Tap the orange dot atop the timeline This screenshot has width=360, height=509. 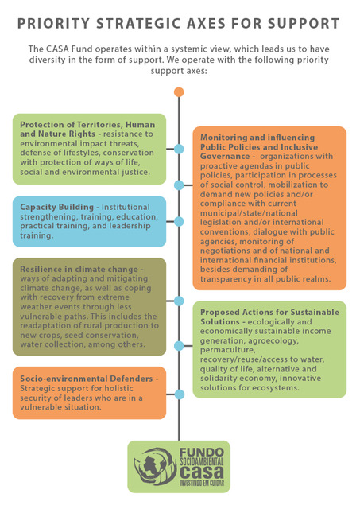[179, 92]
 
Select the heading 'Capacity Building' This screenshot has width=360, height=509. [56, 207]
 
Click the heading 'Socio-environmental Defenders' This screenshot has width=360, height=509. [87, 379]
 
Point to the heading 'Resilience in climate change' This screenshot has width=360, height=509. [79, 269]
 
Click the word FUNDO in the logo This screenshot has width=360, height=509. [201, 453]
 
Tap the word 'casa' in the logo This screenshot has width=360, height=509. [201, 472]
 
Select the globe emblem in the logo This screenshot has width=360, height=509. [155, 466]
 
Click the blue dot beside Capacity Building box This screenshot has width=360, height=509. [179, 222]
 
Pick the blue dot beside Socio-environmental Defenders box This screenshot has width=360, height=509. [179, 394]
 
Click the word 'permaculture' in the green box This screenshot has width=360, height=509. [227, 350]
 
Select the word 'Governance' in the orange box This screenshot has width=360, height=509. [225, 156]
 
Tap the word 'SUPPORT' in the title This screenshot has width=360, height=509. [304, 24]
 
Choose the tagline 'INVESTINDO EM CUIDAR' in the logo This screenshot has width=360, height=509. [202, 483]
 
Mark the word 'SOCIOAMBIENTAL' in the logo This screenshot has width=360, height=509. [202, 461]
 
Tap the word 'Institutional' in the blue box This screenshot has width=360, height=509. [126, 207]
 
